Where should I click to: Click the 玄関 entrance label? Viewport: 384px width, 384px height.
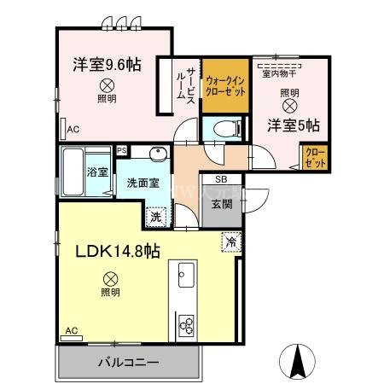[x=222, y=203]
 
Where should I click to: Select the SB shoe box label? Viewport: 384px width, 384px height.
[x=221, y=180]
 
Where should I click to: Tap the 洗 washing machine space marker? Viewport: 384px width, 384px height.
[x=155, y=217]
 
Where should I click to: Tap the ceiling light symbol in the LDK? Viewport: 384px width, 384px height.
[x=109, y=277]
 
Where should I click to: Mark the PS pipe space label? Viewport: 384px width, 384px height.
[x=122, y=149]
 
